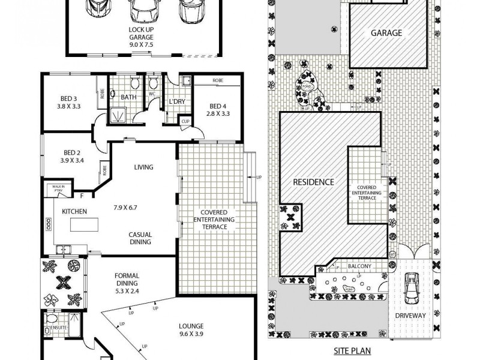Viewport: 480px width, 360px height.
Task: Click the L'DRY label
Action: [x=176, y=101]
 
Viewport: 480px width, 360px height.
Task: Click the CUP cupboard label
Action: [x=185, y=122]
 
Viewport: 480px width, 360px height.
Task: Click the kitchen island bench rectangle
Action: [x=85, y=225]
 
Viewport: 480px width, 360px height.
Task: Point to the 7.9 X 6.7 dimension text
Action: [x=126, y=208]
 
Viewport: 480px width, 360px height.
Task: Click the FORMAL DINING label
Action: [x=127, y=281]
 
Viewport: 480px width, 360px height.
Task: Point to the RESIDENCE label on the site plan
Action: [x=313, y=181]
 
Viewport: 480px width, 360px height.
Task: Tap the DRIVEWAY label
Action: [x=410, y=316]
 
